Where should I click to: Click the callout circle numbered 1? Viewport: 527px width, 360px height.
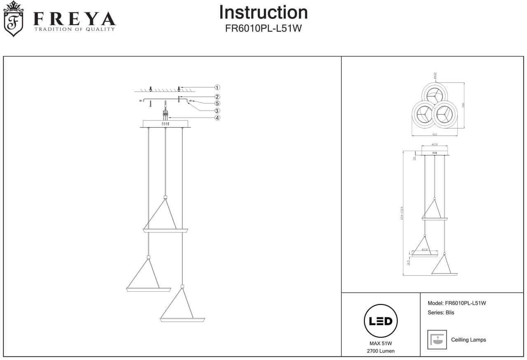[x=217, y=87]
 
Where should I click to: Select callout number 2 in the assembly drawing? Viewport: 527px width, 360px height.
[x=217, y=97]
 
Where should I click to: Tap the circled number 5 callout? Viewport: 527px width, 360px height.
[x=217, y=104]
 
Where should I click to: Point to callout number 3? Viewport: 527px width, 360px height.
[x=217, y=111]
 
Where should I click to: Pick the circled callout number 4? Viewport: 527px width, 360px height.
[x=217, y=118]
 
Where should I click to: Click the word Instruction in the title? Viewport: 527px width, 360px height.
[x=263, y=12]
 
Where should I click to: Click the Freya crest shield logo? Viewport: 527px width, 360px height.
[x=14, y=19]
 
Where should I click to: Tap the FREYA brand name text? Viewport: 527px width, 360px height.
[x=74, y=19]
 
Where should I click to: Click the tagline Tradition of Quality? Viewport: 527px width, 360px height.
[x=74, y=29]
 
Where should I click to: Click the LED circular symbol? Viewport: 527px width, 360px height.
[x=380, y=321]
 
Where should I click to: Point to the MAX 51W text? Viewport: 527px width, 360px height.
[x=380, y=343]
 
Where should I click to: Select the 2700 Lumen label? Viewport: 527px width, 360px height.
[x=380, y=351]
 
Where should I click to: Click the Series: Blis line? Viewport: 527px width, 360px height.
[x=441, y=313]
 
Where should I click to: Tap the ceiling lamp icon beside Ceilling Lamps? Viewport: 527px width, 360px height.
[x=437, y=339]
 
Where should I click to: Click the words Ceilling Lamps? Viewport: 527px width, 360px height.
[x=469, y=340]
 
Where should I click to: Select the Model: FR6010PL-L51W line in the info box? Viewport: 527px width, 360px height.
[x=457, y=303]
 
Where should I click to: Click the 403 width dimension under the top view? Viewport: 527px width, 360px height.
[x=434, y=135]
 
